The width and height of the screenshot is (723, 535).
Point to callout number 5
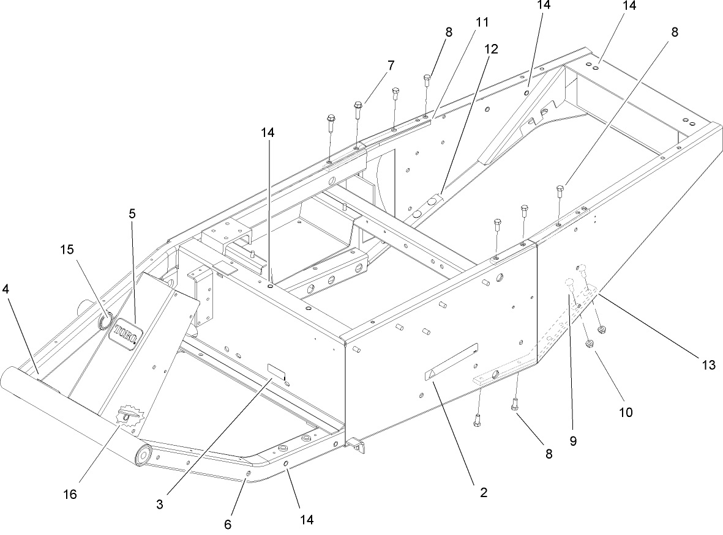click(x=132, y=213)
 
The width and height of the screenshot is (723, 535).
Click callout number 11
click(x=482, y=23)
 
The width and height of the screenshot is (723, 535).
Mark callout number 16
click(x=70, y=494)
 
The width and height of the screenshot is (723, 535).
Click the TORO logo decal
click(x=125, y=333)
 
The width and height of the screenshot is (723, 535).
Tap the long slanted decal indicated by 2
click(x=451, y=363)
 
